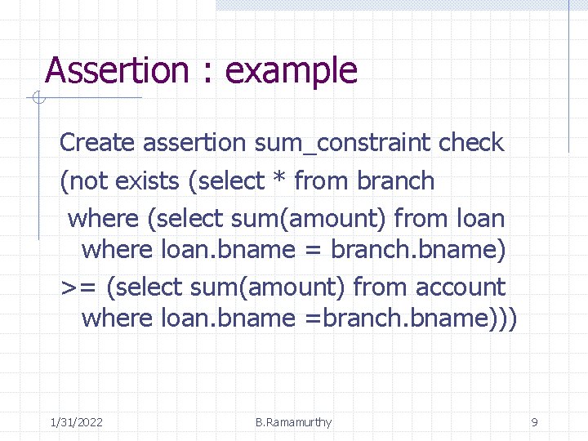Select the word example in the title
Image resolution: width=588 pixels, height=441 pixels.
292,71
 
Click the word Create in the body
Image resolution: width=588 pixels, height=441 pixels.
96,143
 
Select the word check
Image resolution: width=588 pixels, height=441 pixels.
471,143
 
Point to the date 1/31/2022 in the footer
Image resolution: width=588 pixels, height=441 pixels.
76,422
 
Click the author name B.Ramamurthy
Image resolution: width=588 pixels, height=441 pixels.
293,422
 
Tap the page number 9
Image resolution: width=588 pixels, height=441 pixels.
534,422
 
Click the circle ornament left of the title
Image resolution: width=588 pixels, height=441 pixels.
37,100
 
